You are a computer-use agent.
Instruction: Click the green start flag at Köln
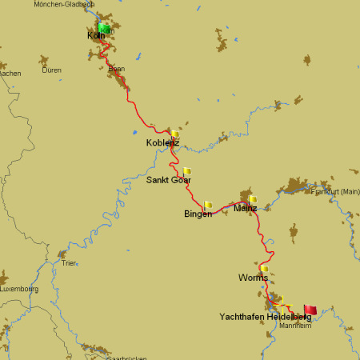[104, 28]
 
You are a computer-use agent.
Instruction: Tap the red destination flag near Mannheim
[310, 310]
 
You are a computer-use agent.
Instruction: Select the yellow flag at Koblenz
[174, 134]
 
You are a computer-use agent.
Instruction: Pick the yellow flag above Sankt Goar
[187, 170]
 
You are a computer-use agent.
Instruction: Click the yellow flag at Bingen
[208, 205]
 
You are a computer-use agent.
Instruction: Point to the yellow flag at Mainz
[253, 199]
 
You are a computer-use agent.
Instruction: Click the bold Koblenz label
[162, 143]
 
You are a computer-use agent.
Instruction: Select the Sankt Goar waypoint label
[168, 180]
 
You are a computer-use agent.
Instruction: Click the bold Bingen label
[198, 214]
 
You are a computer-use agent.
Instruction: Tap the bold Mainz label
[245, 209]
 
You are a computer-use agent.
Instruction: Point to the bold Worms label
[252, 278]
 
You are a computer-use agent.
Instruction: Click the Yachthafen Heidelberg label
[265, 318]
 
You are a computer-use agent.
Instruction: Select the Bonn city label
[116, 70]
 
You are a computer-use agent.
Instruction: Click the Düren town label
[51, 70]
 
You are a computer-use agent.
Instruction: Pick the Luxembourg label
[19, 288]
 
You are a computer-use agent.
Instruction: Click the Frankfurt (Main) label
[336, 192]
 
